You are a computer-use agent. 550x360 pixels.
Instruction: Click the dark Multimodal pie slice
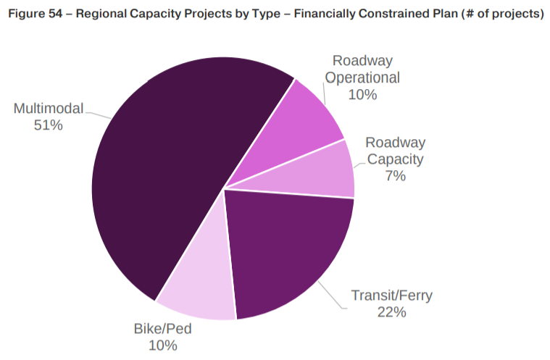coord(159,181)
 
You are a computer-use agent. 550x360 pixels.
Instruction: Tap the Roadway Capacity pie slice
coord(319,170)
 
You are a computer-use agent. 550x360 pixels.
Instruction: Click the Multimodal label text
coord(49,109)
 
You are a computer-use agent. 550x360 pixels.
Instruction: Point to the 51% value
coord(49,125)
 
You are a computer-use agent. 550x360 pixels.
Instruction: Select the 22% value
coord(391,312)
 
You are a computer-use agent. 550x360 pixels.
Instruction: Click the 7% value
coord(395,176)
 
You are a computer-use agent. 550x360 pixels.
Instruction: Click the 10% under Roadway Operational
coord(362,95)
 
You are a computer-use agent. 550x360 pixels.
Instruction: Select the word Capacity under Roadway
coord(395,159)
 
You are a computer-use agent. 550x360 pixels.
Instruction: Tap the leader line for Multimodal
coord(98,114)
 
